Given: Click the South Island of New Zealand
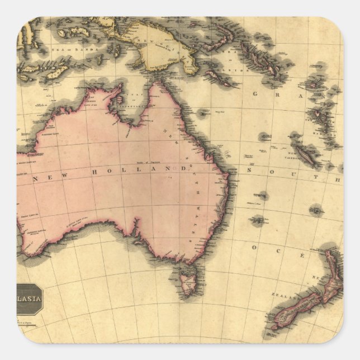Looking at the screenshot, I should click(296, 311).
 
